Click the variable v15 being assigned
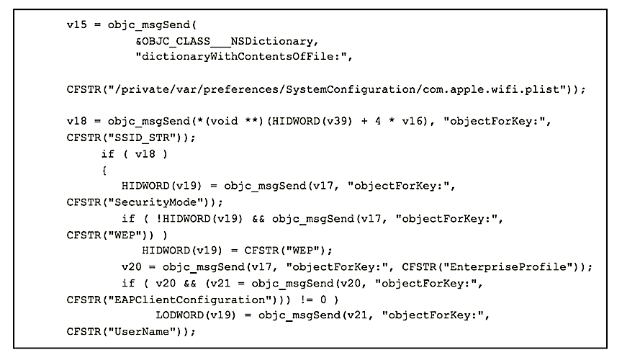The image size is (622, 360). (x=76, y=27)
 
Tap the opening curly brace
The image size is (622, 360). (x=104, y=170)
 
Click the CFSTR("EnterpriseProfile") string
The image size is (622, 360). (x=494, y=266)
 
